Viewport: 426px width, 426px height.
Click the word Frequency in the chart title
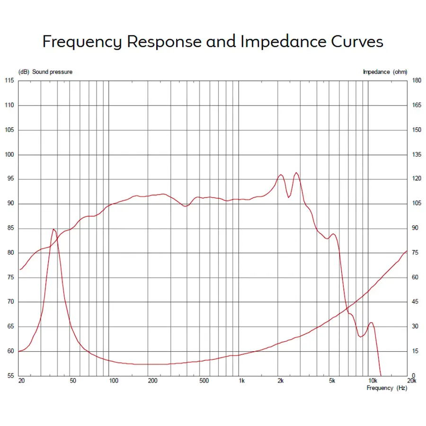(x=81, y=42)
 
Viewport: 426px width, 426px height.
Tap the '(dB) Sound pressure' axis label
(x=45, y=72)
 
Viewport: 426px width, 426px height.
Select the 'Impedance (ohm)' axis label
(x=385, y=72)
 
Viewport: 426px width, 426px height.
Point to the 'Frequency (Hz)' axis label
(x=386, y=388)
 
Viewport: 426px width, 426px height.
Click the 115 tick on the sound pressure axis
(x=9, y=81)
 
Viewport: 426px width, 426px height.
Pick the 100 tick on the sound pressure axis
(x=9, y=155)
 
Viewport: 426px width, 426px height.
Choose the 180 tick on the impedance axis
(x=417, y=81)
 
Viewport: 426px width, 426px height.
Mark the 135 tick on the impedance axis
(x=417, y=155)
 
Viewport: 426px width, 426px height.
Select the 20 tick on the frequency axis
(x=21, y=381)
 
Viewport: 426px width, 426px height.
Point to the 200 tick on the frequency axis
(x=152, y=381)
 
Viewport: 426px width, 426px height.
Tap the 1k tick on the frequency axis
(x=241, y=381)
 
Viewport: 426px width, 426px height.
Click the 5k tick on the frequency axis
(x=332, y=381)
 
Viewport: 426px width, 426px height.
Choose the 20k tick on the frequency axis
(x=411, y=381)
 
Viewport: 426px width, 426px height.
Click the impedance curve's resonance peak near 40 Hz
(x=54, y=229)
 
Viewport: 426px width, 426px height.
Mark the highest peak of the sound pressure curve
(x=296, y=173)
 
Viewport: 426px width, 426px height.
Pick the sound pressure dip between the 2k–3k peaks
(x=288, y=197)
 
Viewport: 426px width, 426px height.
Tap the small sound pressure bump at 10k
(x=371, y=323)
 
